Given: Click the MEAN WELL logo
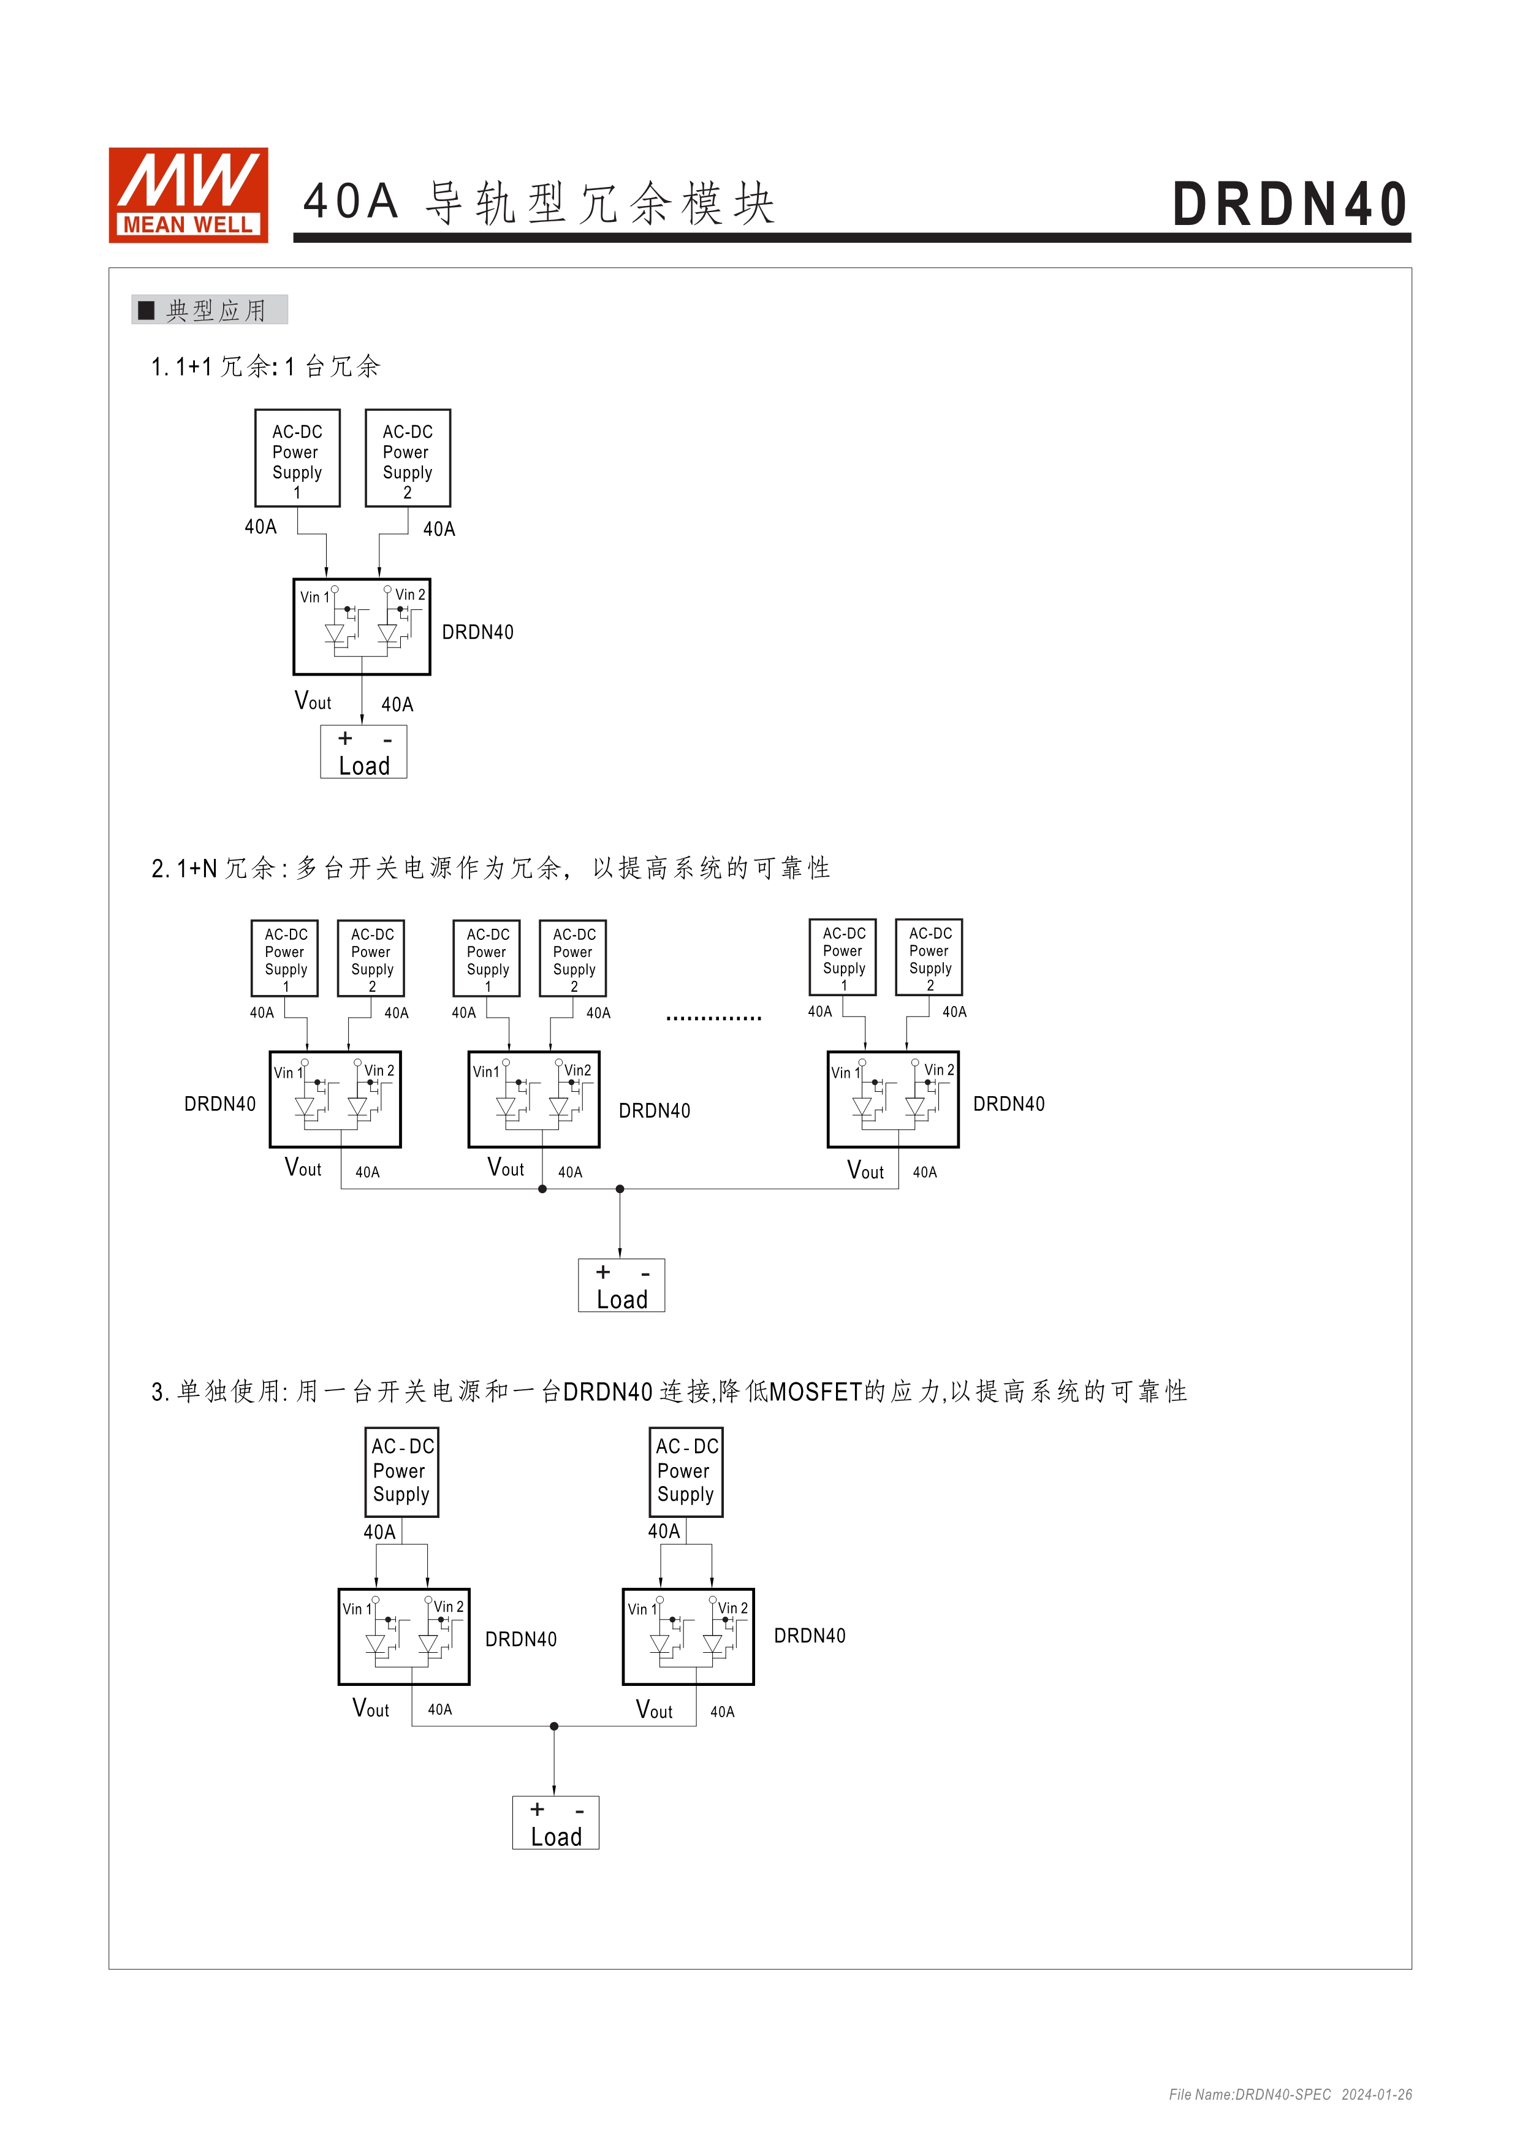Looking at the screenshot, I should [188, 195].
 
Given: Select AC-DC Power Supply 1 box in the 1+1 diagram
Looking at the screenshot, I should [297, 458].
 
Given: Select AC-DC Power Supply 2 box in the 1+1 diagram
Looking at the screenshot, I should [407, 458].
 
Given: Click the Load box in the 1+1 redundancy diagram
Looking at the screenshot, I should [363, 752].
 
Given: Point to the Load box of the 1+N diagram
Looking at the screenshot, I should [621, 1286].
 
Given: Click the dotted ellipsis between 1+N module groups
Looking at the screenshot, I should [713, 1018].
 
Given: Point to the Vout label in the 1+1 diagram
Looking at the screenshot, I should [313, 701].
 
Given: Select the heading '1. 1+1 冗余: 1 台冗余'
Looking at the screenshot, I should [266, 366].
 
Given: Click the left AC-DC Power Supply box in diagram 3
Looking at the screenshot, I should [401, 1471].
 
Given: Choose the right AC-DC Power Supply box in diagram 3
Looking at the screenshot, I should [686, 1471].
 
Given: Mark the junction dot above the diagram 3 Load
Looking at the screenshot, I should [554, 1726].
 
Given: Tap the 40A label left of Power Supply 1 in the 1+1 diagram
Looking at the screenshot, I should [260, 527].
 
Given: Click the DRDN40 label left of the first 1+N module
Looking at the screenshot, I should [220, 1104].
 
